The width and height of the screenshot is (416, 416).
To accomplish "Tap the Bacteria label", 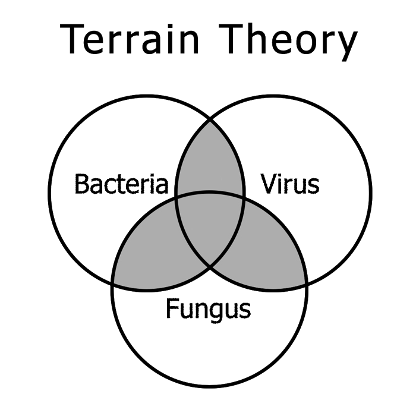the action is (x=122, y=184).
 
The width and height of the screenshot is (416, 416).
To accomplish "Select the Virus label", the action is (x=291, y=184).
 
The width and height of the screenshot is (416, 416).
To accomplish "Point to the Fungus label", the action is (x=209, y=309).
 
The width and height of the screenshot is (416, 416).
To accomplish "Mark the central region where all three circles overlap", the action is (x=209, y=223).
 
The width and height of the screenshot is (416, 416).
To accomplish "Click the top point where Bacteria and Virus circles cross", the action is (x=209, y=121).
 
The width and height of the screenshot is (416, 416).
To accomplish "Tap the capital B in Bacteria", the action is (x=83, y=184).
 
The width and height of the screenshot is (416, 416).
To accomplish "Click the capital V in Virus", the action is (x=269, y=184).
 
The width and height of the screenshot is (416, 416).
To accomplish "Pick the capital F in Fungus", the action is (x=173, y=309).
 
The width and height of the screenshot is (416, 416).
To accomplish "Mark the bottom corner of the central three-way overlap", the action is (x=209, y=266).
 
